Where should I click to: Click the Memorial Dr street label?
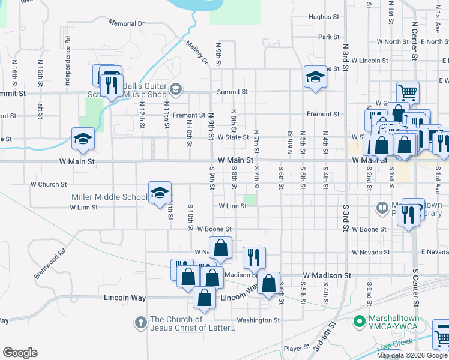pos(127,23)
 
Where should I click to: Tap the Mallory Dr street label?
pos(196,53)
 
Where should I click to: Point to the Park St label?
pos(329,37)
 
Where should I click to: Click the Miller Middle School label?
pos(109,197)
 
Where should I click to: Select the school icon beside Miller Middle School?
pos(160,193)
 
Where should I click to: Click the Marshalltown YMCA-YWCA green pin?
pos(360,322)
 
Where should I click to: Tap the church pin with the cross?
pos(140,323)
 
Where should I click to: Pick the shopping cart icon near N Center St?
pos(408,92)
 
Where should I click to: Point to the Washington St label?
pos(258,320)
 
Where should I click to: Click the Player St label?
pos(296,348)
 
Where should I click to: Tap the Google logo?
pos(20,353)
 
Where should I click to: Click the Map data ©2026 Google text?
pos(412,355)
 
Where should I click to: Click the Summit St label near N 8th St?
pos(232,92)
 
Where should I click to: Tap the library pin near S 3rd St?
pos(382,208)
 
